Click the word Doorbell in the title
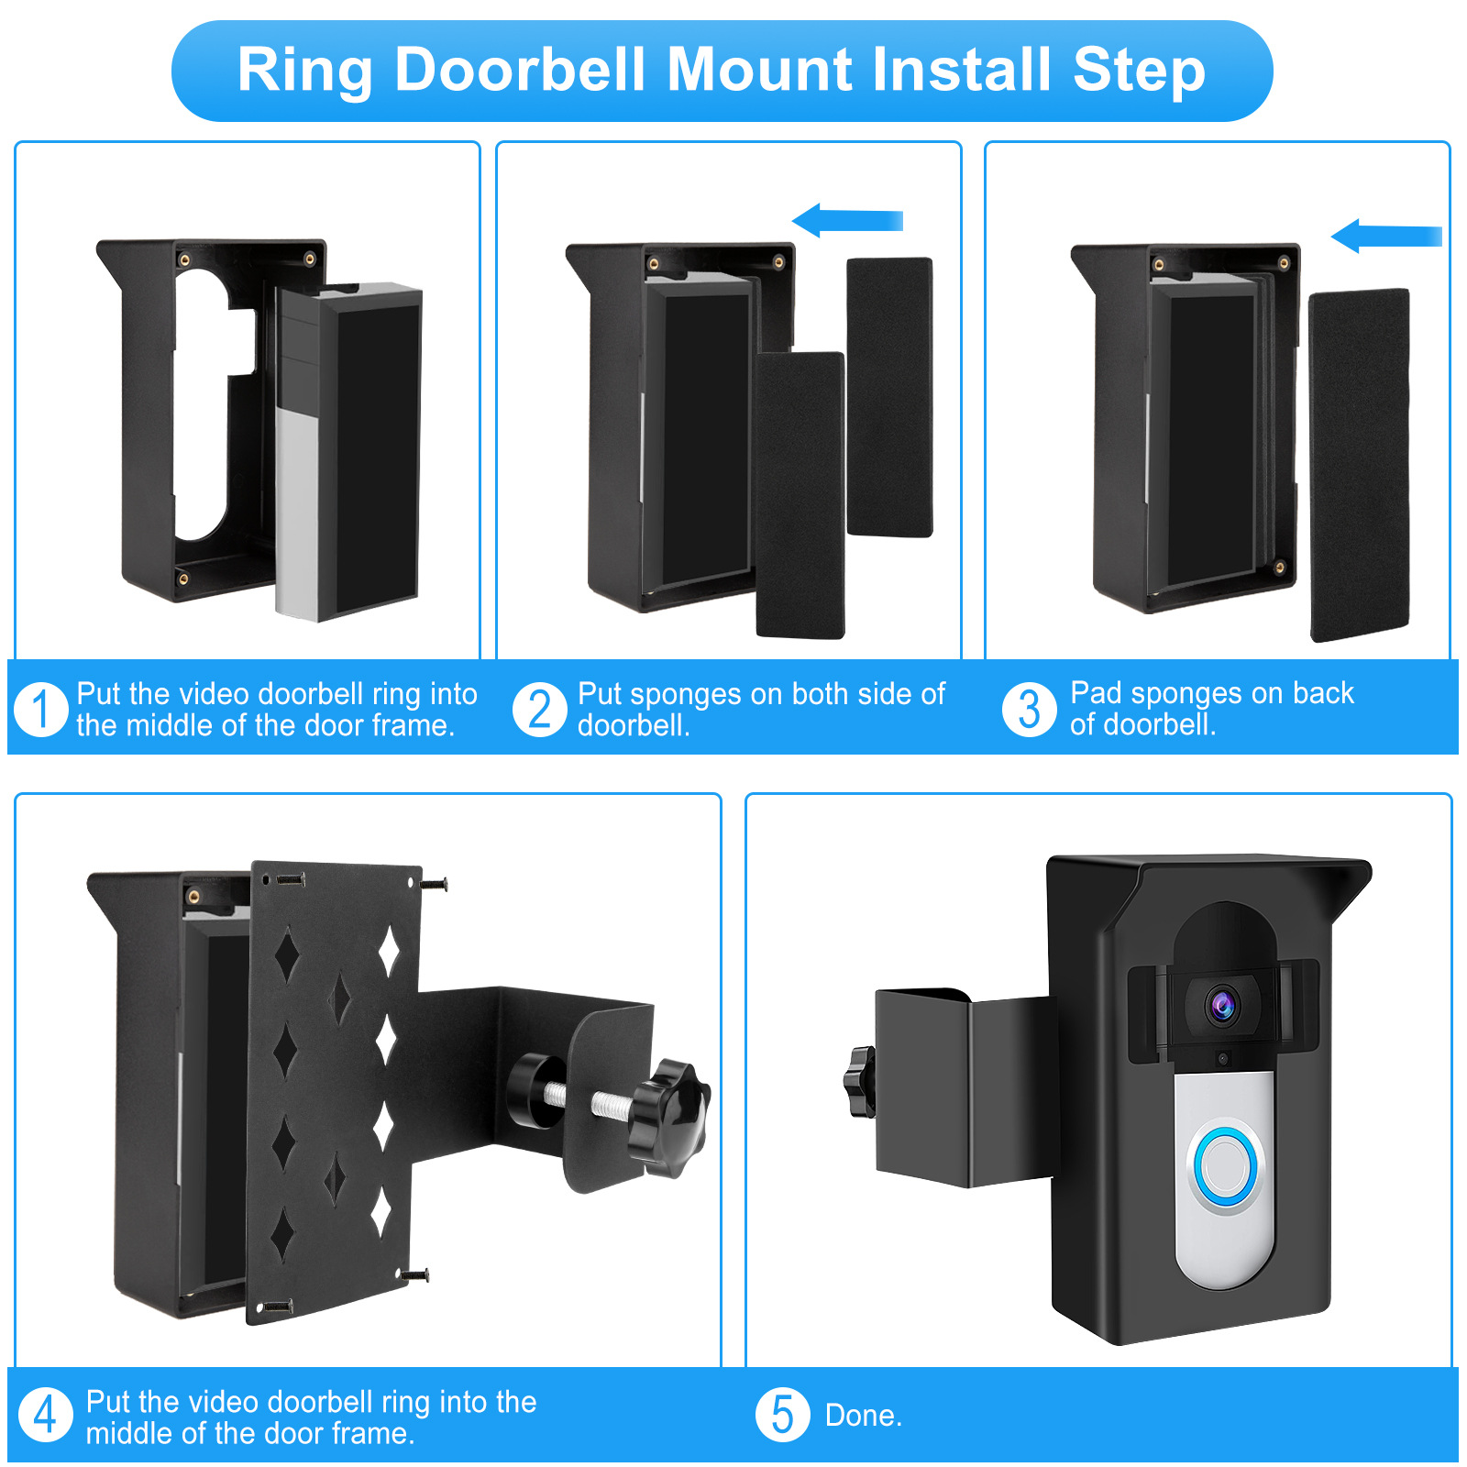[x=520, y=70]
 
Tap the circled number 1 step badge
[x=41, y=709]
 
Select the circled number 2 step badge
[x=539, y=709]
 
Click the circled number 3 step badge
[x=1029, y=709]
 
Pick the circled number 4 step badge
[x=45, y=1415]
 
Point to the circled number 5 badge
[x=782, y=1415]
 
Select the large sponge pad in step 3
[x=1359, y=466]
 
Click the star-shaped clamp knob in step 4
[x=672, y=1118]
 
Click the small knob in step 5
[x=859, y=1083]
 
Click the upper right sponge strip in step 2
[x=888, y=396]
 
